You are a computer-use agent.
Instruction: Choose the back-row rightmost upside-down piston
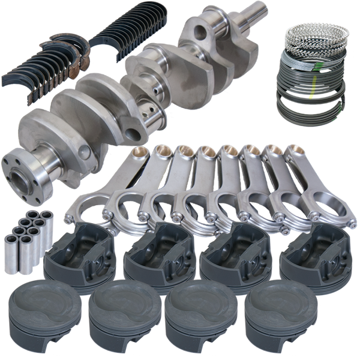pos(318,251)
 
